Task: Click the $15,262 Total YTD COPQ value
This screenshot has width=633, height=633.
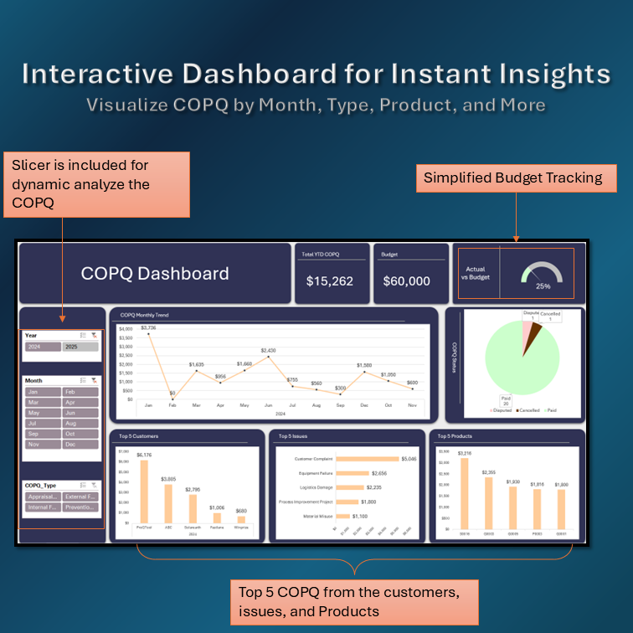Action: click(330, 281)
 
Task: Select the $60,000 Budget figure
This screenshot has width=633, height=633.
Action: click(406, 281)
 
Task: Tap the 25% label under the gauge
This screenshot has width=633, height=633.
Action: click(543, 286)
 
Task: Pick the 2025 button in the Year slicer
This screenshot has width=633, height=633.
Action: click(80, 347)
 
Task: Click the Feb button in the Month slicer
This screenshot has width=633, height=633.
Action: click(80, 392)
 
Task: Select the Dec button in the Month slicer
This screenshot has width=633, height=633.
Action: click(80, 445)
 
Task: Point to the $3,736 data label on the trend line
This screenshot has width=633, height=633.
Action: click(148, 327)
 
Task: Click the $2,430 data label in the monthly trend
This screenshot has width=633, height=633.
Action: click(268, 350)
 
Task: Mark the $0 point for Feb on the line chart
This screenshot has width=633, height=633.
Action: click(172, 399)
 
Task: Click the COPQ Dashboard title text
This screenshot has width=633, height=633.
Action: click(155, 274)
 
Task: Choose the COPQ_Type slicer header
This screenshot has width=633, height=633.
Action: click(42, 485)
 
